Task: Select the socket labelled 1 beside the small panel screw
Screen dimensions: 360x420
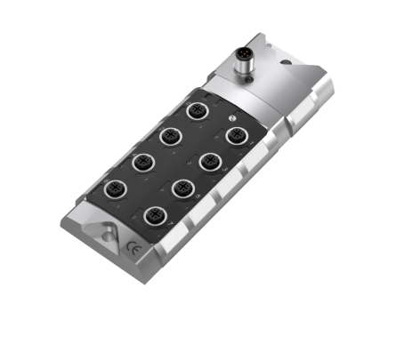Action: (236, 134)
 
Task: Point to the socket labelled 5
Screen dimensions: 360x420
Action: (182, 187)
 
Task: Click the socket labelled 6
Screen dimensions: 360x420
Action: (114, 188)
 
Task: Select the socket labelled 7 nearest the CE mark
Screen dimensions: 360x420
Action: (157, 214)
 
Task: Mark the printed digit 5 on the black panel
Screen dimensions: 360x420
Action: (198, 196)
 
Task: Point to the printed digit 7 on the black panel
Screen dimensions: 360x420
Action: (172, 225)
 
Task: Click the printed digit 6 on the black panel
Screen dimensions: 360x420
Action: (130, 198)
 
